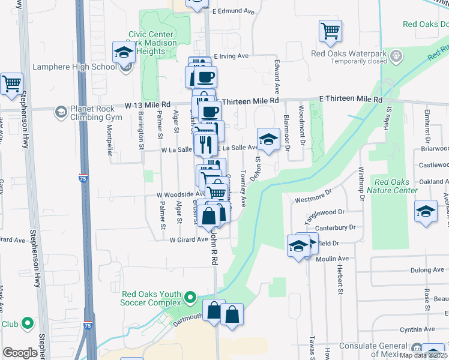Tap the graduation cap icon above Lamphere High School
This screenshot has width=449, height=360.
click(x=123, y=52)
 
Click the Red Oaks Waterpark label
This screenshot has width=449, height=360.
click(x=348, y=53)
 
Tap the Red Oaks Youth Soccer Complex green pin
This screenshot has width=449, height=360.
click(x=190, y=297)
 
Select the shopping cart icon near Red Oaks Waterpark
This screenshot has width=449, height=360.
click(x=330, y=31)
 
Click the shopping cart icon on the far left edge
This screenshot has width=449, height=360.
click(x=11, y=85)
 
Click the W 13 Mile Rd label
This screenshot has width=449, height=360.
click(x=148, y=104)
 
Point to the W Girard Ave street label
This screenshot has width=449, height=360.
click(x=188, y=239)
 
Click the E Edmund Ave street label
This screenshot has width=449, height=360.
click(x=234, y=11)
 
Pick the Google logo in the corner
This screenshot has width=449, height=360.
click(x=20, y=353)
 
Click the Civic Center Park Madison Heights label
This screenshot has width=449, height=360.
click(x=152, y=43)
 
